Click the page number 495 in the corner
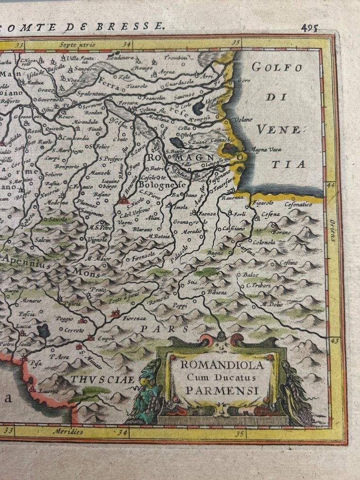309,27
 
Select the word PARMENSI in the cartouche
222,390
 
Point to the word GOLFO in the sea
270,67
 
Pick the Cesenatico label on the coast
298,205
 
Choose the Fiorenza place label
134,318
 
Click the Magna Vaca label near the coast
266,150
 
